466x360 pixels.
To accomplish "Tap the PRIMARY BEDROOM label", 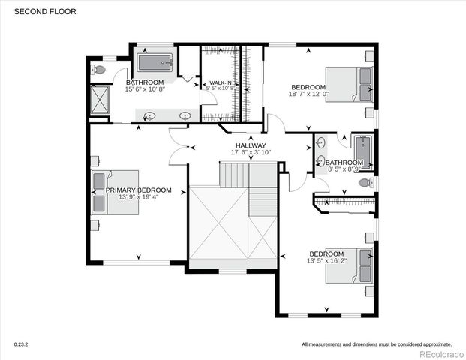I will (139, 190).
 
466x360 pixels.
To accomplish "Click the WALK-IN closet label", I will (220, 82).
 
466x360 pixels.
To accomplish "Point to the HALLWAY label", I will (250, 145).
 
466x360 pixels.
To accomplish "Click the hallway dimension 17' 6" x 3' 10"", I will (250, 153).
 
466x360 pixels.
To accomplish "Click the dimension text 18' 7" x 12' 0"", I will (309, 94).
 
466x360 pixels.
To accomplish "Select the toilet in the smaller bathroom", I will (366, 182).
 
